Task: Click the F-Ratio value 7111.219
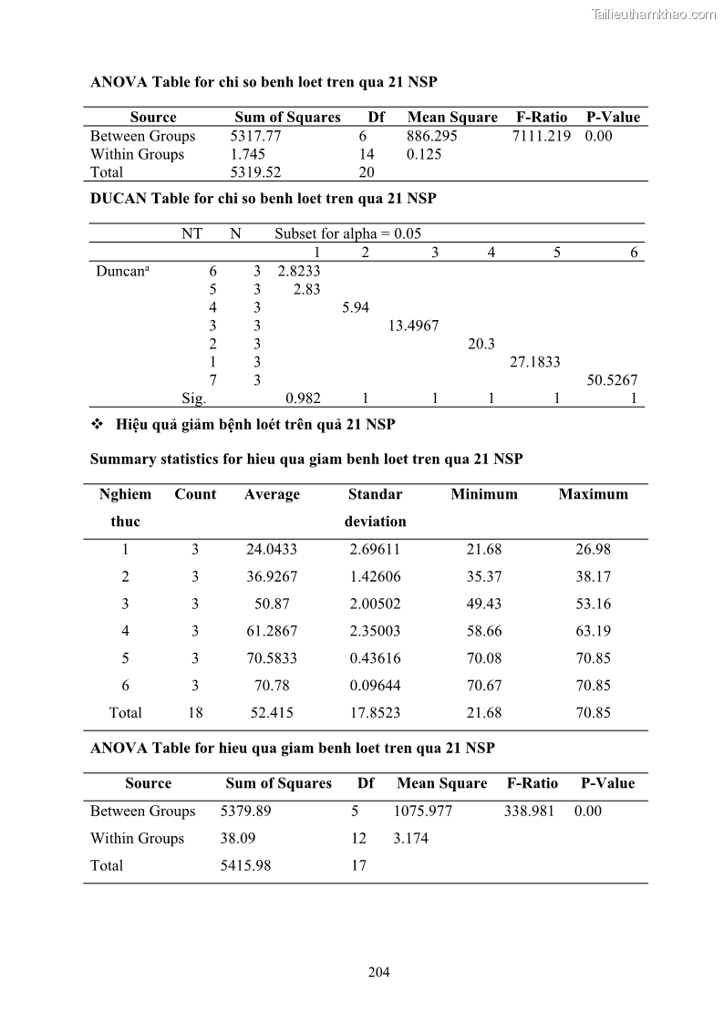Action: [x=543, y=136]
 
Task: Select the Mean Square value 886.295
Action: [x=432, y=136]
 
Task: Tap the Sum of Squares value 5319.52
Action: [x=255, y=172]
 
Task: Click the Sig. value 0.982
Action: [x=303, y=398]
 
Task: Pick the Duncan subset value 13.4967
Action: [x=413, y=326]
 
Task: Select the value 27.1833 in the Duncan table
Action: [x=534, y=362]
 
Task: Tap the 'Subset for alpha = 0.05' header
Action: [x=348, y=233]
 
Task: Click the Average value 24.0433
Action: [x=272, y=549]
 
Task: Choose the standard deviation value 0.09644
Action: [x=375, y=686]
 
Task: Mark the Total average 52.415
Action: [x=272, y=713]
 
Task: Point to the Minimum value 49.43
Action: [x=483, y=604]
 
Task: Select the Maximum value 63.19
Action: [x=593, y=631]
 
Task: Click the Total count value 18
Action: [x=195, y=713]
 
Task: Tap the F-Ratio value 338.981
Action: [x=529, y=811]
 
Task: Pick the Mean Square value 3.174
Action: [x=410, y=838]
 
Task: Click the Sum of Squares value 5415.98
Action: [x=245, y=865]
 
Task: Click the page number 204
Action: [x=378, y=972]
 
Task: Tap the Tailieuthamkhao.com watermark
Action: [x=654, y=14]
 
